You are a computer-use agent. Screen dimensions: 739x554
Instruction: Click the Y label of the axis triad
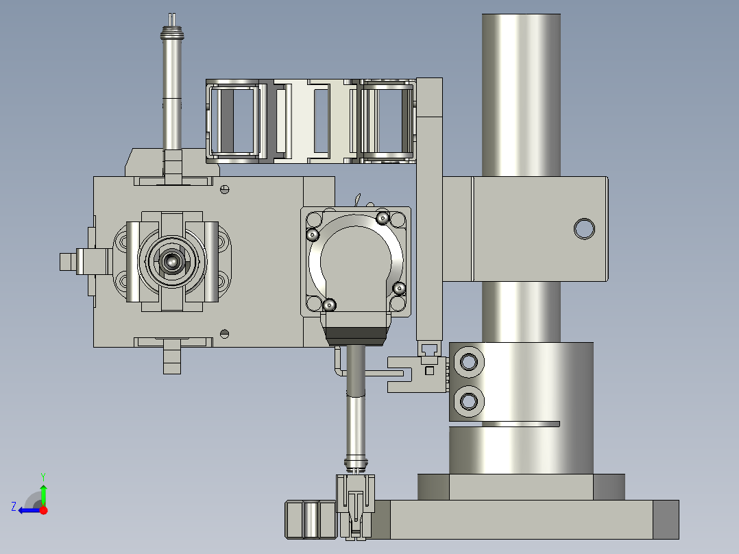(x=43, y=477)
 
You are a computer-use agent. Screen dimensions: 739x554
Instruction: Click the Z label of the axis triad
(x=14, y=507)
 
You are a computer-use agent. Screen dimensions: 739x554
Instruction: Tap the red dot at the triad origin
(x=43, y=510)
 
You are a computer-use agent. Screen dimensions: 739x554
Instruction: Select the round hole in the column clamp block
(x=584, y=229)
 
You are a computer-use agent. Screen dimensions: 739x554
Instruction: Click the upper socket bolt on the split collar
(x=468, y=362)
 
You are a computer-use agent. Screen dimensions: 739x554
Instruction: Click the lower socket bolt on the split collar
(x=468, y=402)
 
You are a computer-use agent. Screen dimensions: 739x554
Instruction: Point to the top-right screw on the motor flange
(x=383, y=218)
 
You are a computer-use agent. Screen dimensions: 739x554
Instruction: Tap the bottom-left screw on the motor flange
(x=330, y=305)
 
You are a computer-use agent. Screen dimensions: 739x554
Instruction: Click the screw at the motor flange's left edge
(x=313, y=234)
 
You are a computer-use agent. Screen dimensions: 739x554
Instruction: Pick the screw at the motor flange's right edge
(x=399, y=288)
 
